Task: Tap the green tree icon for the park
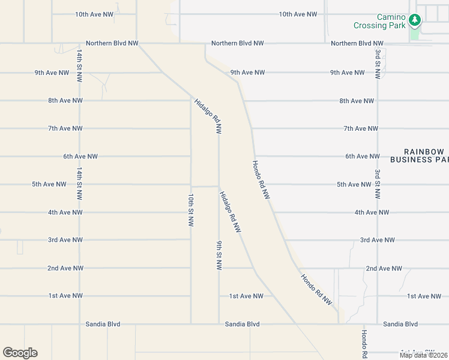(414, 21)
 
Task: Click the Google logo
(20, 353)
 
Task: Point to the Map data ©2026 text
(424, 355)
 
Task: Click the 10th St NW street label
(191, 209)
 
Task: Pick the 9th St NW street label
(219, 256)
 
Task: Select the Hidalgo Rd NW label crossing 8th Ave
(208, 115)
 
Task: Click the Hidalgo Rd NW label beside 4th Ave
(230, 212)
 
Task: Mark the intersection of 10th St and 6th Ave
(191, 157)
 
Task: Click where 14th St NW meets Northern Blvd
(79, 43)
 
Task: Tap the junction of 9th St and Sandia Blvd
(218, 324)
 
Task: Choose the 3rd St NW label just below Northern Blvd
(378, 64)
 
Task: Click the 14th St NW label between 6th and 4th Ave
(79, 184)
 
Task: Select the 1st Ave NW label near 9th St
(246, 296)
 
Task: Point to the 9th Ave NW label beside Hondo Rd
(247, 73)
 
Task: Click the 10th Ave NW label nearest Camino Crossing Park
(298, 14)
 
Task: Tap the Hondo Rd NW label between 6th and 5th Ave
(262, 179)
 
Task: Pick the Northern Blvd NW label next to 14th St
(112, 43)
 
